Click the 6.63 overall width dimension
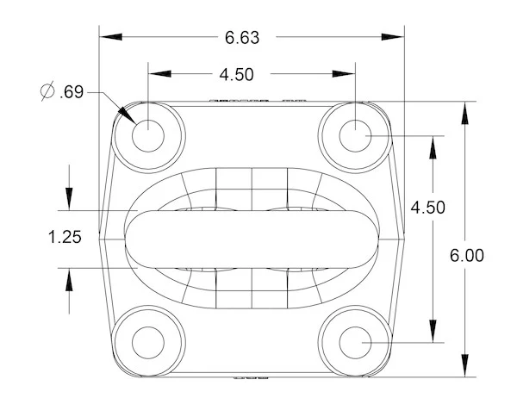242,37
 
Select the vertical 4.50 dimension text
428,207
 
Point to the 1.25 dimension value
65,237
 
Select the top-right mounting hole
354,134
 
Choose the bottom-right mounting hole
354,341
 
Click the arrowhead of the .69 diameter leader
127,113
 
